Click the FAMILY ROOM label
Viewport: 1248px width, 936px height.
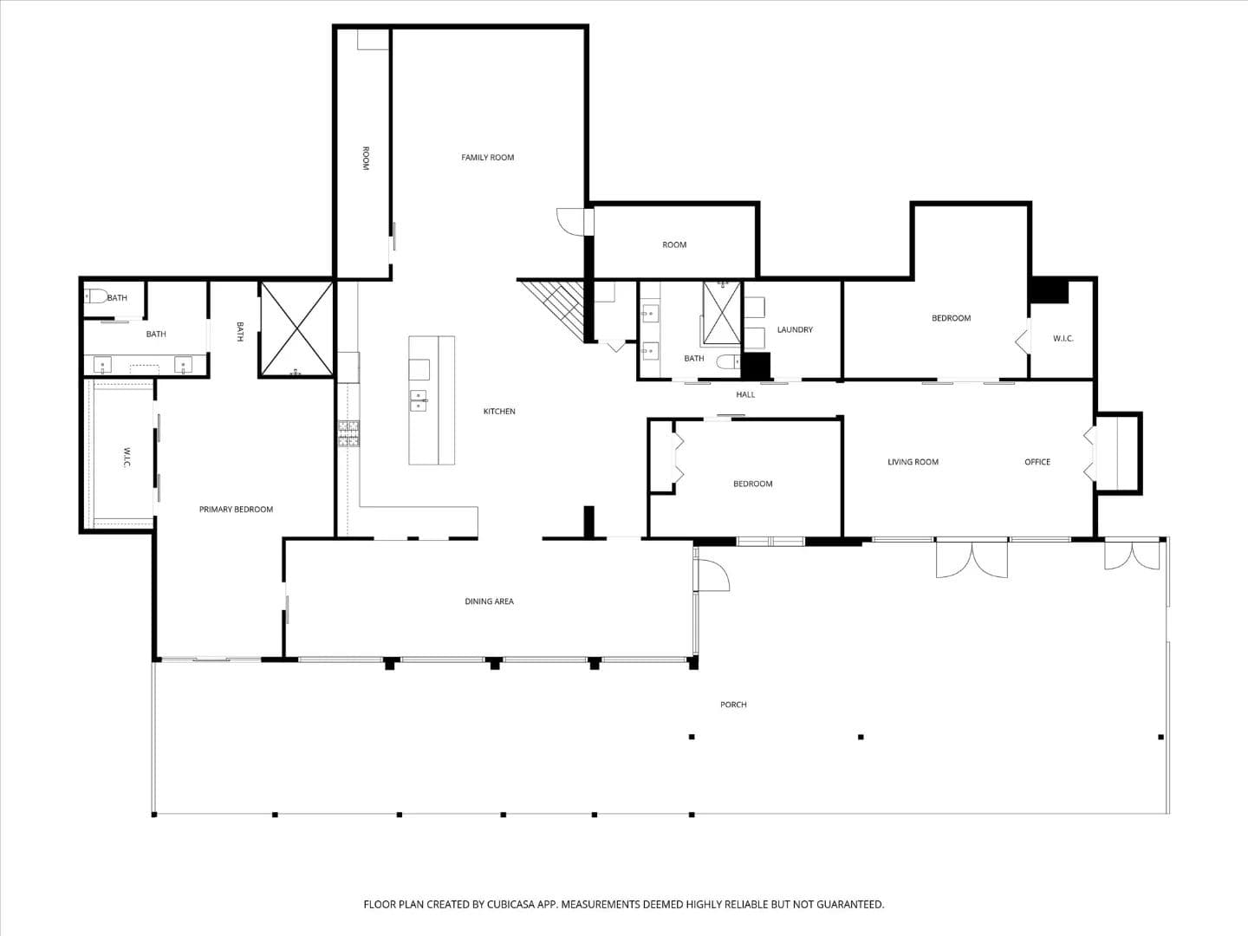487,158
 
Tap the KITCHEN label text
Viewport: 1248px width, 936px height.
499,412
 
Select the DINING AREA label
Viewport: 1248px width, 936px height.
489,601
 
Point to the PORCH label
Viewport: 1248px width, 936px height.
733,705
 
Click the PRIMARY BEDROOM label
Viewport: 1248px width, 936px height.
236,510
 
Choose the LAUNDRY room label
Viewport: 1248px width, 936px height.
795,329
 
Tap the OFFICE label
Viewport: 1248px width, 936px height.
1037,462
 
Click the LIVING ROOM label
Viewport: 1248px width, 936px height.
913,462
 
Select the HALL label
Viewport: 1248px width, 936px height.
745,394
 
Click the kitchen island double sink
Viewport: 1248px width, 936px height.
419,400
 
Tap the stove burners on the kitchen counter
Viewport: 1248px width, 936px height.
348,433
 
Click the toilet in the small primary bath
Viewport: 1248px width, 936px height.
96,296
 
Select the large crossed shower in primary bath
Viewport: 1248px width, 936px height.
296,329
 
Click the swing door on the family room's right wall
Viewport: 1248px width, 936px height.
571,222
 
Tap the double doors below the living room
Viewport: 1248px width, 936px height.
972,560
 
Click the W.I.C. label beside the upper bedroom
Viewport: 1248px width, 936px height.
1063,339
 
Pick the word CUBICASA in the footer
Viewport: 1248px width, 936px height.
510,904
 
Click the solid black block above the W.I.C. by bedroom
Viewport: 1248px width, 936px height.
1050,291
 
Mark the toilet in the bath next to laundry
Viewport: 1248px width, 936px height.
728,361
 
